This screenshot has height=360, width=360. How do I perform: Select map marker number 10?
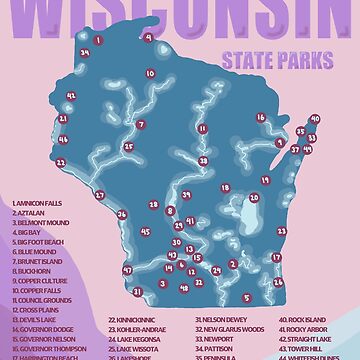[150, 73]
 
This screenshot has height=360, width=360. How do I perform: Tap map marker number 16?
[261, 117]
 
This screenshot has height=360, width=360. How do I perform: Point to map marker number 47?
[127, 270]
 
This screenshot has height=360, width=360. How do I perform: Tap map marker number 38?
[203, 159]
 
